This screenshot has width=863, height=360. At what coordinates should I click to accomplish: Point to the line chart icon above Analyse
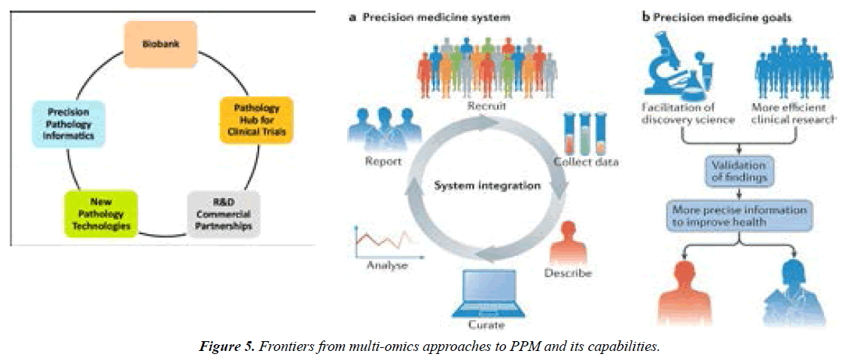coord(381,240)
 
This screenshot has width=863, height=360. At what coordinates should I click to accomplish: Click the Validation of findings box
coord(734,172)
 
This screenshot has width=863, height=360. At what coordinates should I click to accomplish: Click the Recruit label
coord(486,106)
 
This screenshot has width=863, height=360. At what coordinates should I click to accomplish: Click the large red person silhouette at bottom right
coord(684,290)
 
